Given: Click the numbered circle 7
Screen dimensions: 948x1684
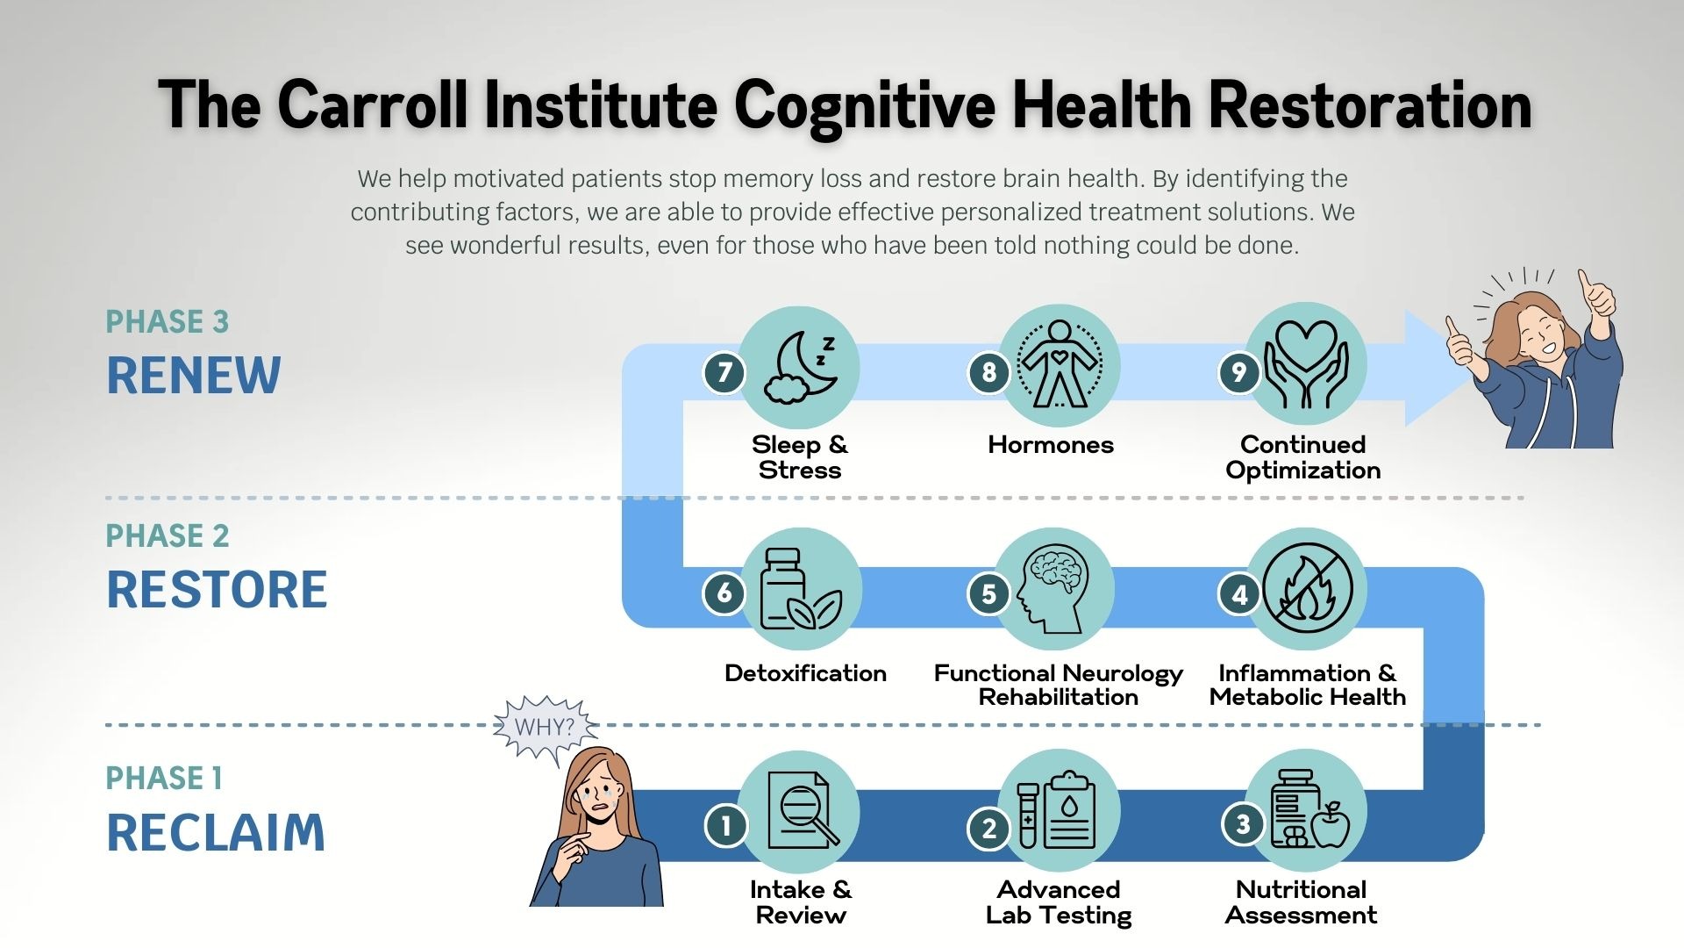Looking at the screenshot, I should pyautogui.click(x=724, y=372).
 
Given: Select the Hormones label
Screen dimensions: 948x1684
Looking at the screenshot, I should pyautogui.click(x=1050, y=445).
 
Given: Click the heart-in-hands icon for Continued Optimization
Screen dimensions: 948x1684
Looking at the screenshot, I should pyautogui.click(x=1305, y=365).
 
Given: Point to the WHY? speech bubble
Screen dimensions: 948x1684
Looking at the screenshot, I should pyautogui.click(x=545, y=727).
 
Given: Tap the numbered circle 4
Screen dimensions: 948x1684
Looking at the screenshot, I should pyautogui.click(x=1239, y=594).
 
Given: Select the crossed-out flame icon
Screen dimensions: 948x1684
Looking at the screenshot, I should pyautogui.click(x=1307, y=588).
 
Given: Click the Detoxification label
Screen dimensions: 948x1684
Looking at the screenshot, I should pyautogui.click(x=805, y=673).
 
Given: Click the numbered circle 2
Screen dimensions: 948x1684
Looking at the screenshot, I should pyautogui.click(x=988, y=828).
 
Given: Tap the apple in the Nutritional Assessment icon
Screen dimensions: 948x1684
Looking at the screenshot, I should pyautogui.click(x=1331, y=824).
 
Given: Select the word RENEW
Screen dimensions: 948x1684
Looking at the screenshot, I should pyautogui.click(x=193, y=376).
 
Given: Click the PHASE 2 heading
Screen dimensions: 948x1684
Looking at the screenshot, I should pyautogui.click(x=167, y=535).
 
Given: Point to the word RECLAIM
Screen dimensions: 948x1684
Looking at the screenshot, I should pyautogui.click(x=215, y=833).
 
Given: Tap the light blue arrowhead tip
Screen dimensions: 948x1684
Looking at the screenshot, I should pyautogui.click(x=1443, y=369).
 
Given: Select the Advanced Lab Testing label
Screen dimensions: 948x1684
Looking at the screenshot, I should pyautogui.click(x=1058, y=902).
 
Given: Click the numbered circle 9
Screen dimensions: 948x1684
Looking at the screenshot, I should pyautogui.click(x=1238, y=372).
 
